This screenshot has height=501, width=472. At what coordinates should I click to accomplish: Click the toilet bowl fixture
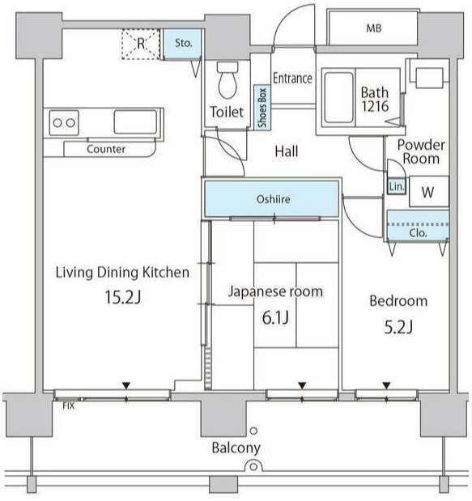pos(227,80)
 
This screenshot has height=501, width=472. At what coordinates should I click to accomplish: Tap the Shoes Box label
pos(262,108)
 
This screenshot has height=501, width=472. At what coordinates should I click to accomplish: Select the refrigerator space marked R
pos(141,44)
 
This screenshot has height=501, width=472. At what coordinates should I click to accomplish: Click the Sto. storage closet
pos(183,44)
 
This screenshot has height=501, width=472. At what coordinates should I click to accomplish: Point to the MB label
pos(374,28)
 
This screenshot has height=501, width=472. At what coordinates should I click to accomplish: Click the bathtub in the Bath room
pos(338,98)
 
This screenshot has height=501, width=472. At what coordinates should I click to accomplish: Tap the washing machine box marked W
pos(429,191)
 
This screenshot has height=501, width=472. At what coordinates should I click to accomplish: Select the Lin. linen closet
pos(397,186)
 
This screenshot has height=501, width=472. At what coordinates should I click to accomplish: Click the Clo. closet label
pos(418,233)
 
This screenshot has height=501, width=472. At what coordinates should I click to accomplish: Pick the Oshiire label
pos(274,199)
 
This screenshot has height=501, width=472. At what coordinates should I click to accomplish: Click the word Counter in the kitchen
pos(106,149)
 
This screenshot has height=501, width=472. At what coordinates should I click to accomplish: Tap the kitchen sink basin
pos(135,121)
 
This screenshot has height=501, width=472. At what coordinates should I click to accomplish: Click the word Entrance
pos(292,79)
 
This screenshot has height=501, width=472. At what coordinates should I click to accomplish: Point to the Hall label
pos(287,151)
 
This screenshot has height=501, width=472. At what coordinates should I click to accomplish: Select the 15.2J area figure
pos(123,298)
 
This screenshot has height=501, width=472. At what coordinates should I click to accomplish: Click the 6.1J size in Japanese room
pos(275,318)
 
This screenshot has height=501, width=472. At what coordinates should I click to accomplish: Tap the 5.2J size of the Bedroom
pos(398,327)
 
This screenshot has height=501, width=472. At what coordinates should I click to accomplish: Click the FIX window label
pos(68,406)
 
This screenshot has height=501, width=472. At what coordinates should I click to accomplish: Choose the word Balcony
pos(236,448)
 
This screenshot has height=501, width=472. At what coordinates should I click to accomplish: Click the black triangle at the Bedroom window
pos(387,385)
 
